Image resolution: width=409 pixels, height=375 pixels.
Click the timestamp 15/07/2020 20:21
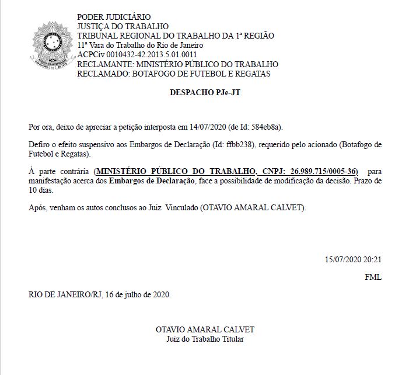(353, 259)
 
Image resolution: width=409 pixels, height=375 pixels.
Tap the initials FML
(373, 277)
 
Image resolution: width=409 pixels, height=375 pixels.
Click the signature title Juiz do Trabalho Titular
(205, 339)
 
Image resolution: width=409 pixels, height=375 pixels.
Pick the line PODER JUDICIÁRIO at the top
(114, 17)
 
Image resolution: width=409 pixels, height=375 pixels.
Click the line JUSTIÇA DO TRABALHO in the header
(123, 26)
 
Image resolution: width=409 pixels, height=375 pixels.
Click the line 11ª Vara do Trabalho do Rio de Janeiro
(140, 46)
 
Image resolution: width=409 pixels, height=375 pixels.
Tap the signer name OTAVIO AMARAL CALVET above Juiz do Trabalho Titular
(205, 329)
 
